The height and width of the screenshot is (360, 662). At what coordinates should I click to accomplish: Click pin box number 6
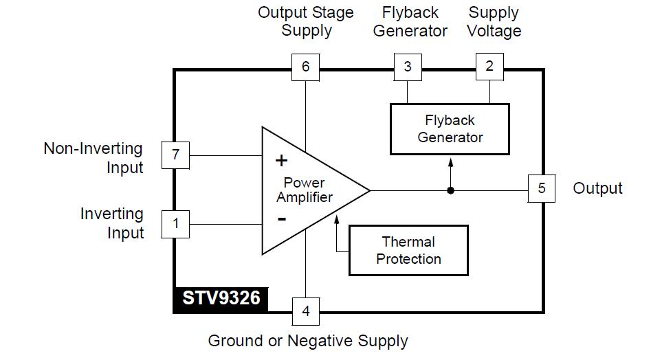[305, 67]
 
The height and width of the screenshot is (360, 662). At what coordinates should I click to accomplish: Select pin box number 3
[408, 67]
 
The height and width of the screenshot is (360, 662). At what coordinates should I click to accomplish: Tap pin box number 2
[489, 67]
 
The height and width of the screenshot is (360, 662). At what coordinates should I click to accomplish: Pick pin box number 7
[175, 155]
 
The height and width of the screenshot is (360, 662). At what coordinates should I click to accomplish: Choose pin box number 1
[175, 223]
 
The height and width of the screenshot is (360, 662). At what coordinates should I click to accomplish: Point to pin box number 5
[542, 188]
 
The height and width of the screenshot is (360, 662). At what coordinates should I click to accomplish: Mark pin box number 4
[305, 311]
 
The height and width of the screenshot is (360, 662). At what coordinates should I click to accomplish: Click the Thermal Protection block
[408, 250]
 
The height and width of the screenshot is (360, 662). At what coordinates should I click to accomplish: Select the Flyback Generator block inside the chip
[450, 128]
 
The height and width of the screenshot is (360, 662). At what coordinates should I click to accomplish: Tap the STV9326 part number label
[221, 299]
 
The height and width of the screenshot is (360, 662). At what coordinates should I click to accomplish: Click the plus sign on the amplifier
[281, 161]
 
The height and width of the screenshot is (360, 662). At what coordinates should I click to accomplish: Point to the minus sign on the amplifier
[281, 219]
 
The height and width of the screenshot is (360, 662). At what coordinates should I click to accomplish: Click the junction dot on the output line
[450, 190]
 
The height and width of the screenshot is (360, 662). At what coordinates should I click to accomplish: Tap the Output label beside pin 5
[597, 188]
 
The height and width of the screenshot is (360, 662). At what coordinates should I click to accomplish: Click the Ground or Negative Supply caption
[308, 341]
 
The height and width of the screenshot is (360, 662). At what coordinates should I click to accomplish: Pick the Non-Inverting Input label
[93, 158]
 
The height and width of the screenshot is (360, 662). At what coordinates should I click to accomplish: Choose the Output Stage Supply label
[306, 21]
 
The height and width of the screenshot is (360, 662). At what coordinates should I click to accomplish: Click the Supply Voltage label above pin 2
[494, 21]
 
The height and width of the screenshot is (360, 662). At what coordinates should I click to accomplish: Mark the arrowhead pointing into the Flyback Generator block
[450, 161]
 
